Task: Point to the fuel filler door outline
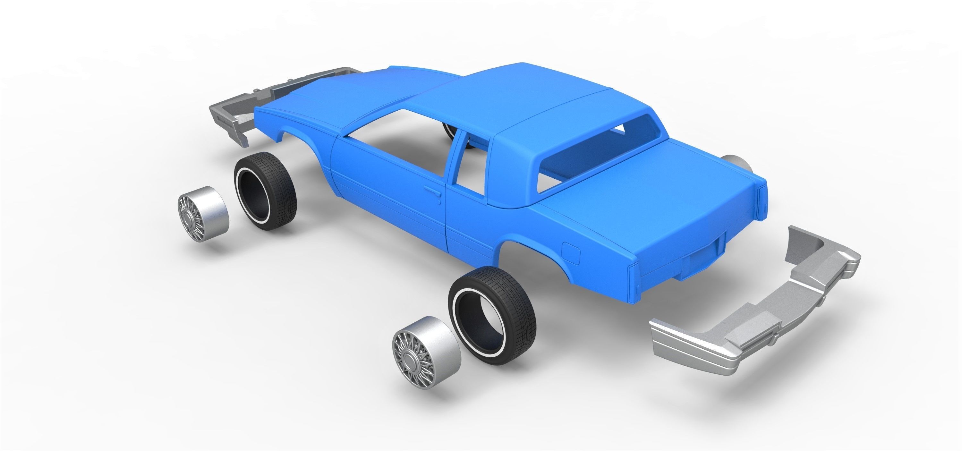tap(571, 253)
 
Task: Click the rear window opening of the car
tap(583, 157)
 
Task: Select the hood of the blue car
tap(336, 97)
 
